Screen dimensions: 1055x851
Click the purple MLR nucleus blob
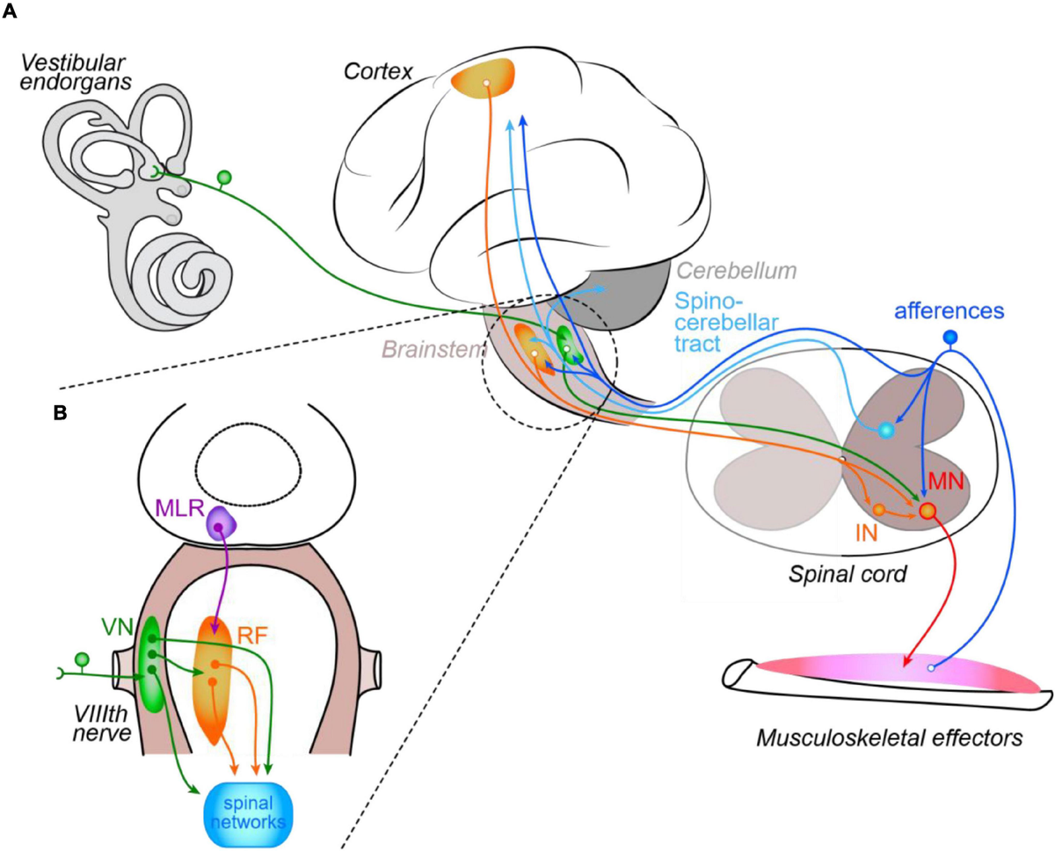click(x=221, y=525)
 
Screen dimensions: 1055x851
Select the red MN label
click(x=946, y=482)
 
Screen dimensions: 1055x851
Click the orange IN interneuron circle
click(x=879, y=510)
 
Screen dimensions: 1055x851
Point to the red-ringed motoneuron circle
click(x=928, y=512)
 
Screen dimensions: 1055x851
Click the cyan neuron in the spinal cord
click(x=886, y=431)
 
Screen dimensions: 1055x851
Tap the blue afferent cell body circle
click(x=950, y=337)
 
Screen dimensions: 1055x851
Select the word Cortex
click(x=378, y=71)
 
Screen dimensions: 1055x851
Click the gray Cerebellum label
click(x=736, y=271)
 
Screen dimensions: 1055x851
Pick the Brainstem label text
click(x=434, y=350)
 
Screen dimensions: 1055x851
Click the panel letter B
click(x=61, y=413)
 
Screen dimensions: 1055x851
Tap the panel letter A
click(x=10, y=11)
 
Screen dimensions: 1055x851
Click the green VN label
click(x=117, y=627)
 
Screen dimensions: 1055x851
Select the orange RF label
click(x=252, y=636)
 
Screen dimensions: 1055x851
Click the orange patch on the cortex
click(x=484, y=78)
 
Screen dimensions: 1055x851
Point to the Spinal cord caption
click(x=848, y=574)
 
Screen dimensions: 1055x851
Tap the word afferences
click(x=949, y=311)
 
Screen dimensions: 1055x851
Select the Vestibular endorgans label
click(x=76, y=73)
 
